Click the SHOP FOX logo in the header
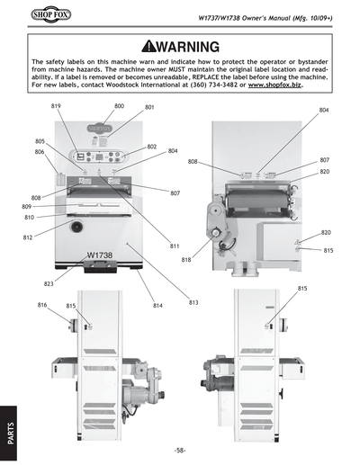pyautogui.click(x=39, y=16)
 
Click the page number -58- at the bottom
pyautogui.click(x=180, y=449)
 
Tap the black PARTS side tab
pyautogui.click(x=9, y=430)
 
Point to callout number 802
pyautogui.click(x=152, y=147)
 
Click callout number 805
pyautogui.click(x=40, y=142)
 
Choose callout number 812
pyautogui.click(x=28, y=237)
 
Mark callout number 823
pyautogui.click(x=49, y=283)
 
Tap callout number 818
pyautogui.click(x=186, y=260)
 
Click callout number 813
pyautogui.click(x=193, y=302)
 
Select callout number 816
pyautogui.click(x=42, y=306)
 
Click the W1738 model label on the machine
pyautogui.click(x=99, y=255)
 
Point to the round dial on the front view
pyautogui.click(x=76, y=228)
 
